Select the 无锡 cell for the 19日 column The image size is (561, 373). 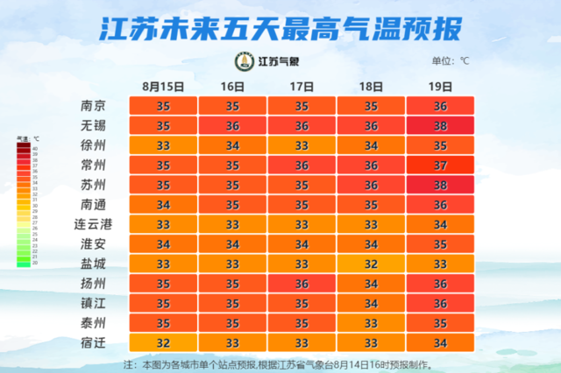click(x=440, y=125)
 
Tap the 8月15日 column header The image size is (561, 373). click(x=163, y=86)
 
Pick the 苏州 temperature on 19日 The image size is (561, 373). click(x=440, y=185)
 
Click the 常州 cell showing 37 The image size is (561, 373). click(x=440, y=165)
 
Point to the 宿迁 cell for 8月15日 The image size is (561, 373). click(x=163, y=342)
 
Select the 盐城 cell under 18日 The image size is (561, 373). click(x=371, y=264)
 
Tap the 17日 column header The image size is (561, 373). click(x=302, y=86)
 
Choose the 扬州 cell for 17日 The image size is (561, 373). click(x=302, y=284)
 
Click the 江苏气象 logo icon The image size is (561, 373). click(x=243, y=61)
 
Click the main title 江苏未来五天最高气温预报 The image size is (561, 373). click(x=280, y=28)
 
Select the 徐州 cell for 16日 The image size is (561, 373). click(x=232, y=144)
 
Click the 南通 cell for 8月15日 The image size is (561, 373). click(x=163, y=204)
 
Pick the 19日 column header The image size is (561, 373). click(x=440, y=86)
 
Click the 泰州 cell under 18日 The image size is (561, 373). click(x=371, y=323)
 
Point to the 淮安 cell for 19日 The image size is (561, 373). click(x=440, y=244)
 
